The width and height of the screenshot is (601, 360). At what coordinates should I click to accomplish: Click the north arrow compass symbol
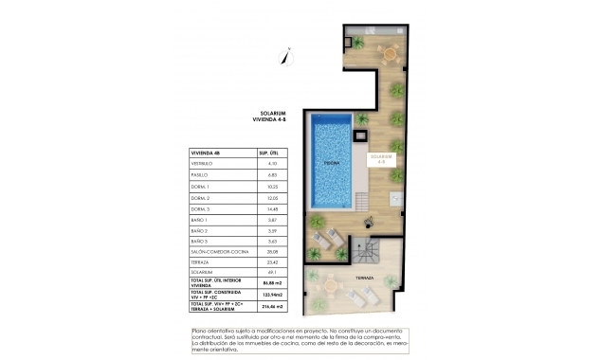coord(282,56)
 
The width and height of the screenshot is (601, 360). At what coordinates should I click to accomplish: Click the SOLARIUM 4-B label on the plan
coord(381,158)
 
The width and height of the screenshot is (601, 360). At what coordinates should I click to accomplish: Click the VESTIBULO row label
coord(203,165)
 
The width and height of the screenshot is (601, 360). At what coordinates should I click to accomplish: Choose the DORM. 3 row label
coord(202,208)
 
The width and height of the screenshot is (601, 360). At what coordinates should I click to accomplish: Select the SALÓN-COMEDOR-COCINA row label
coord(215,252)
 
